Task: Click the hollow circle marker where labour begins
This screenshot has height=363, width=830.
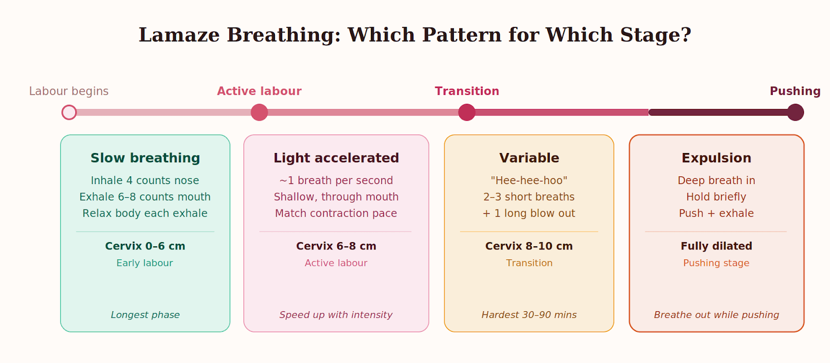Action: [x=69, y=112]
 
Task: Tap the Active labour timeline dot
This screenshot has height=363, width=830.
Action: [x=259, y=112]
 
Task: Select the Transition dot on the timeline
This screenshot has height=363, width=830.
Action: [x=467, y=112]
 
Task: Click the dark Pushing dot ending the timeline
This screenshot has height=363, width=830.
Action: [x=795, y=112]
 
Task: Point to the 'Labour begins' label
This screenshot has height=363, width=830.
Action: [x=69, y=91]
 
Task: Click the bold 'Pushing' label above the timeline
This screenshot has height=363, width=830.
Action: [x=795, y=91]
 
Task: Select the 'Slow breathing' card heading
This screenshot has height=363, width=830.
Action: [x=145, y=158]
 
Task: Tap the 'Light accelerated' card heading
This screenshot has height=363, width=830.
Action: [x=336, y=158]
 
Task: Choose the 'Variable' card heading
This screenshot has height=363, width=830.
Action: [x=529, y=158]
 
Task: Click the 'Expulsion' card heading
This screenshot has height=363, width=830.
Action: [x=716, y=158]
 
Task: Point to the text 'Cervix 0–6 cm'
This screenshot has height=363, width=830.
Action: [x=145, y=246]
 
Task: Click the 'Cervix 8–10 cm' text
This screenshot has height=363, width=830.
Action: [x=529, y=246]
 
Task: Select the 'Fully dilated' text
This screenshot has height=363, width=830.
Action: [x=716, y=246]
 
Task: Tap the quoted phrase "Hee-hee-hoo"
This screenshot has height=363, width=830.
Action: [x=529, y=180]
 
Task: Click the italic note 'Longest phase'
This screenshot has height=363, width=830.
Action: [x=145, y=315]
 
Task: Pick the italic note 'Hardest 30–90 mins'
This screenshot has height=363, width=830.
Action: [x=529, y=315]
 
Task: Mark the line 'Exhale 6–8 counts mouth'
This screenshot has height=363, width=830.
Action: [x=145, y=197]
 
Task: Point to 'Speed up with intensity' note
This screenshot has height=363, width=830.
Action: [x=336, y=315]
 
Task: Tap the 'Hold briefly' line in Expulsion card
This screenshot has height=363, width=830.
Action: [x=716, y=197]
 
